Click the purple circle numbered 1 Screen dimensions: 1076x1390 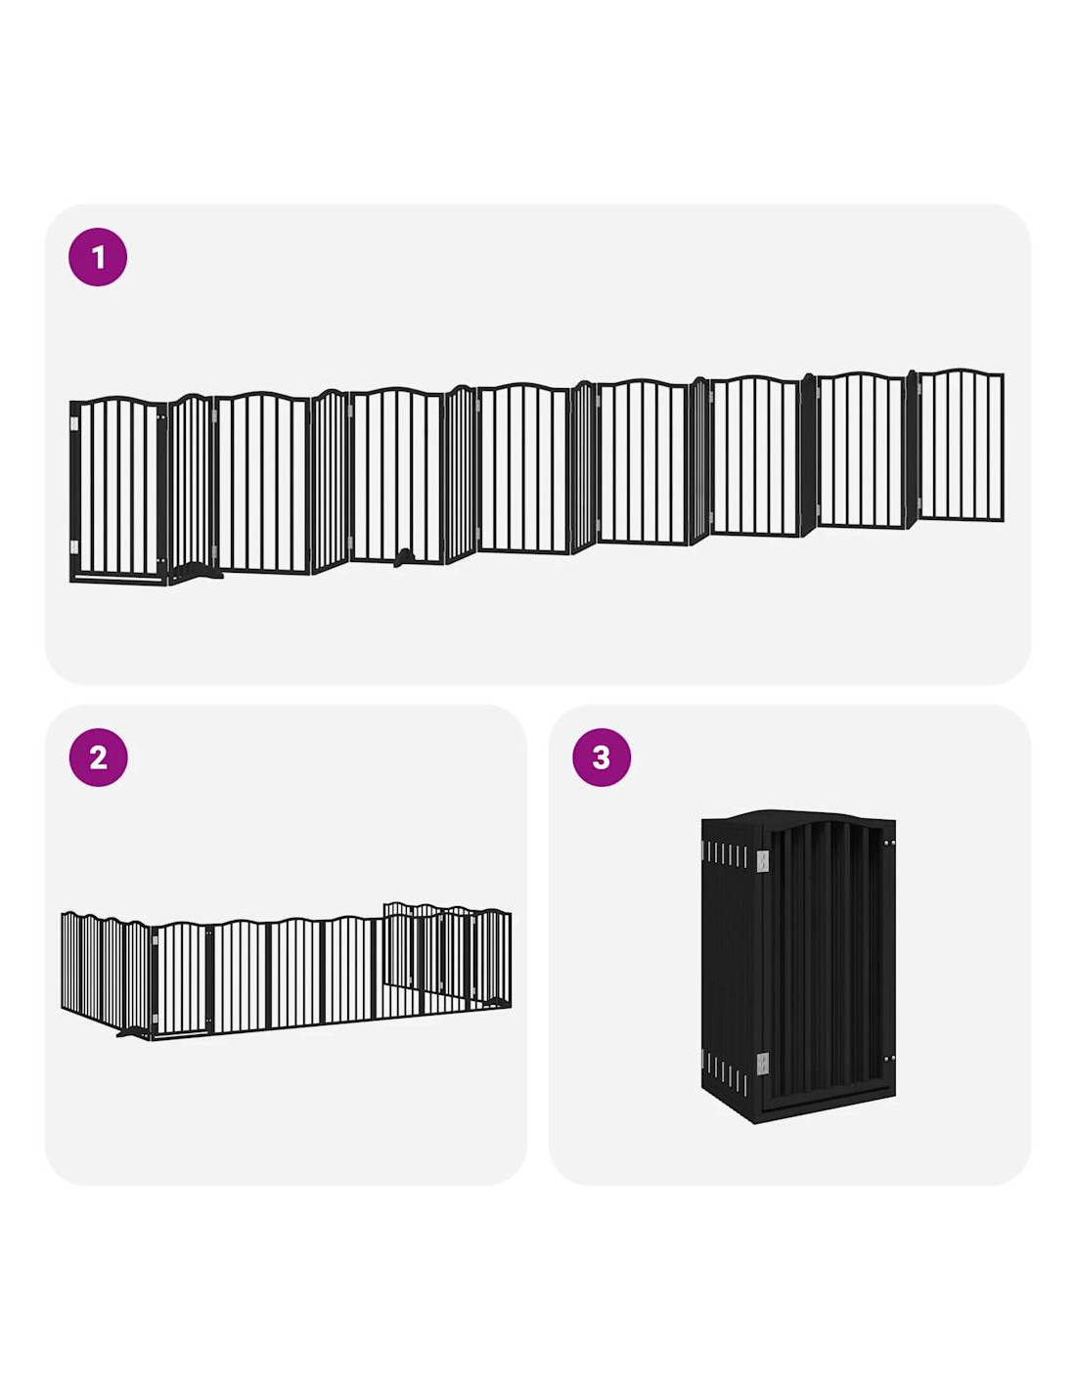click(97, 257)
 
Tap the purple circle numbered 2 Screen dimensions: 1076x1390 click(97, 758)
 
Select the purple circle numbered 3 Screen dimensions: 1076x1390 click(601, 758)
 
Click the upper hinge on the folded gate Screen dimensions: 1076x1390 click(763, 861)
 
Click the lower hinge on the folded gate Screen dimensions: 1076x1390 click(763, 1064)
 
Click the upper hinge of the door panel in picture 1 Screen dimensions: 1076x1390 click(74, 423)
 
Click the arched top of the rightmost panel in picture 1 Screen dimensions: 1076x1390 click(961, 372)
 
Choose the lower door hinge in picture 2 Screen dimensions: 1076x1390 click(155, 1022)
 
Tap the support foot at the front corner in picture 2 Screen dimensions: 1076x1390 click(133, 1031)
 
